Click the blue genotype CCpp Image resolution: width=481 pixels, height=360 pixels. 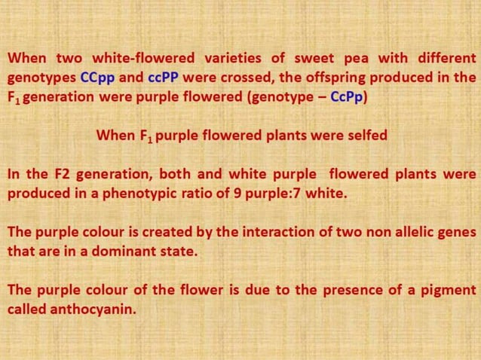97,78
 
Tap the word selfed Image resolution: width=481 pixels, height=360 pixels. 365,136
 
